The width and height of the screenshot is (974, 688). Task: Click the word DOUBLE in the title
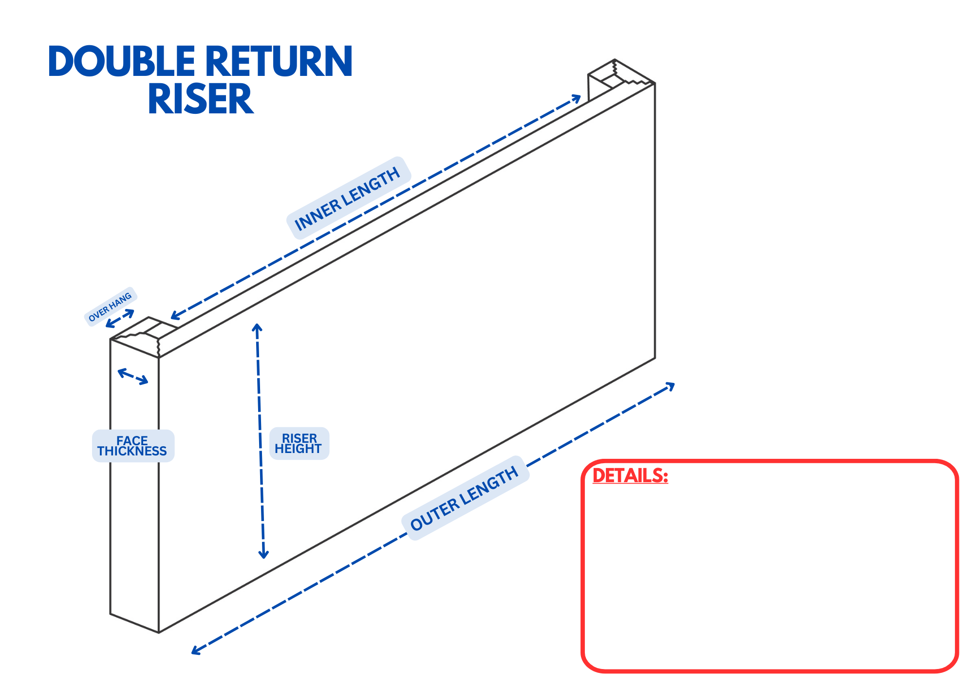click(121, 61)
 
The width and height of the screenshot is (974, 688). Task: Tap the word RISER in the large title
click(201, 99)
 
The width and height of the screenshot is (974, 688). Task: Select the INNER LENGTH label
click(347, 199)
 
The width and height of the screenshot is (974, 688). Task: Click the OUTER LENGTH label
click(464, 498)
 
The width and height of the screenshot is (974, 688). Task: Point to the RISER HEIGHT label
click(299, 443)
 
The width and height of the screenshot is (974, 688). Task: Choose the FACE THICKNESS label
click(132, 446)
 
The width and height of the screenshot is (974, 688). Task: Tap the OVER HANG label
click(110, 307)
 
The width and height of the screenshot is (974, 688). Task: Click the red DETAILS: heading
click(630, 475)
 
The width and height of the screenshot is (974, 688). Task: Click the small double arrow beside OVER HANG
click(120, 318)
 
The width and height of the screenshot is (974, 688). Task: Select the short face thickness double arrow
click(133, 377)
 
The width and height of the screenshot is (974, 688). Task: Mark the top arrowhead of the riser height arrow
click(257, 328)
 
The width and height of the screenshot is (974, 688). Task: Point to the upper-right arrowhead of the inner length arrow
click(577, 98)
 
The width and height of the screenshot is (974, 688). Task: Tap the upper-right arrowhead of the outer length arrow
click(670, 386)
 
